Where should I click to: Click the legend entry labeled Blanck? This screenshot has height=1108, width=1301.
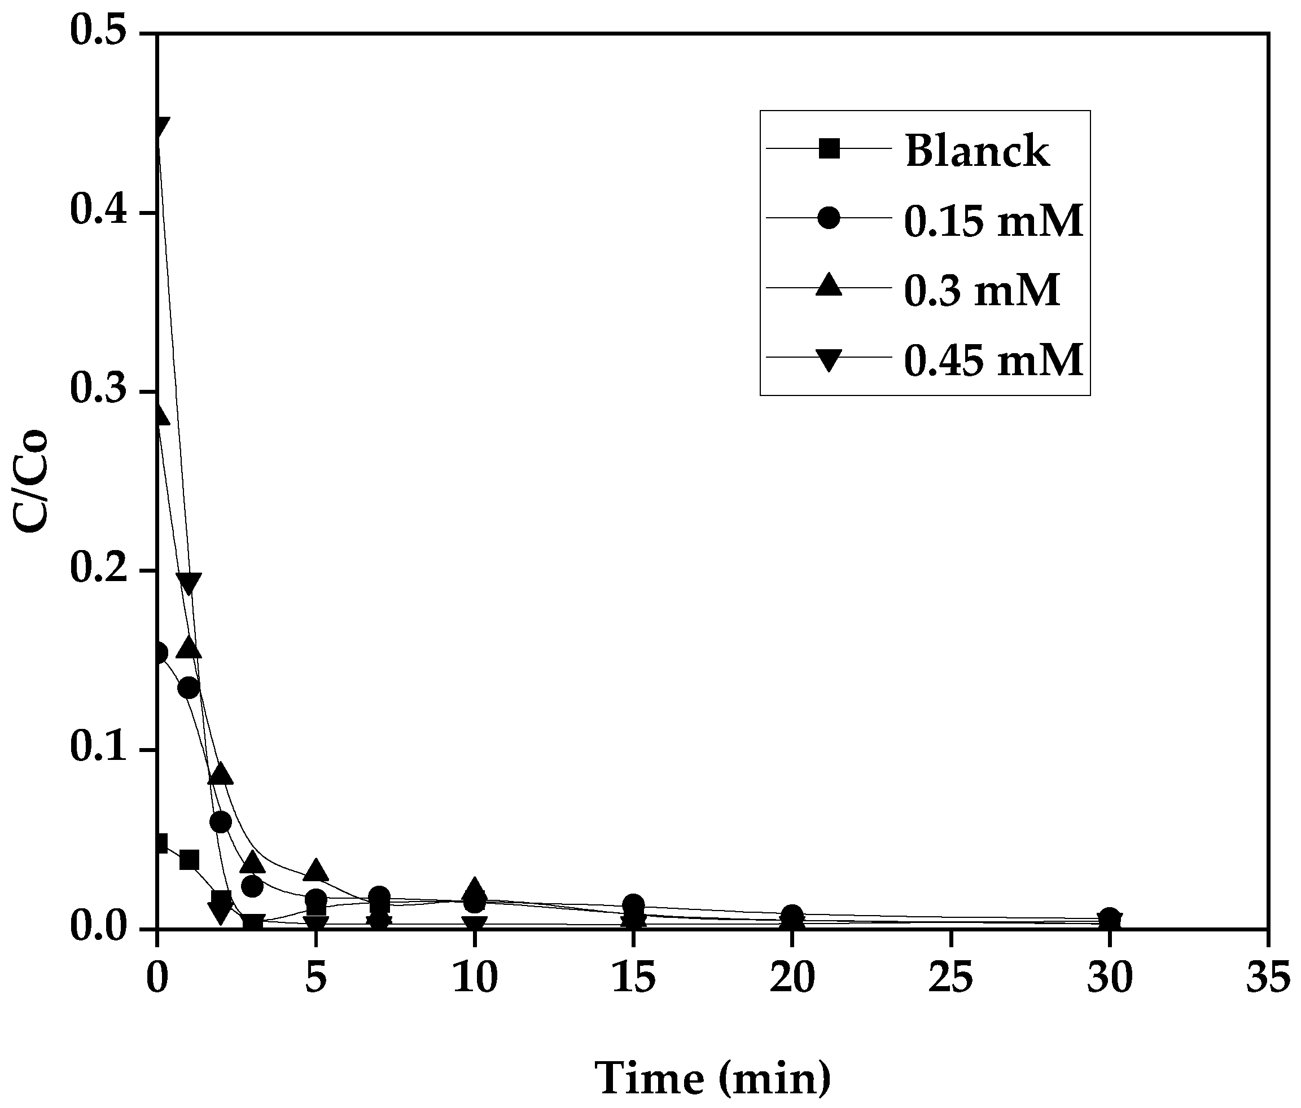coord(977,151)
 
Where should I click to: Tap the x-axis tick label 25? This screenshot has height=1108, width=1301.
coord(950,978)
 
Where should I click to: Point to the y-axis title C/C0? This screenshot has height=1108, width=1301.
coord(32,481)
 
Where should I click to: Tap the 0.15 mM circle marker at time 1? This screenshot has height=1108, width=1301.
coord(189,689)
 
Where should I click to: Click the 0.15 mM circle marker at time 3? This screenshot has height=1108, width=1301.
coord(252,886)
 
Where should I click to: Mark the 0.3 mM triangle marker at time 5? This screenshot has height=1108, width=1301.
coord(316,870)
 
